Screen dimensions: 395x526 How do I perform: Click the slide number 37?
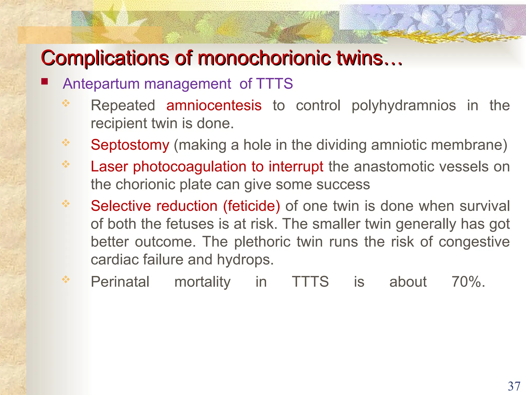514,386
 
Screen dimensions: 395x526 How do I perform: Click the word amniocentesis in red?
214,105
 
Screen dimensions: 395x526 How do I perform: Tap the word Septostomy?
130,145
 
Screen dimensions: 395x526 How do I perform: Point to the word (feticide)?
251,206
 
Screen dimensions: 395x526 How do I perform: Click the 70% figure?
468,282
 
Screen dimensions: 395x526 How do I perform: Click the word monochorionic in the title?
264,58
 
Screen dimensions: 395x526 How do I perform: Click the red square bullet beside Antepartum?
45,82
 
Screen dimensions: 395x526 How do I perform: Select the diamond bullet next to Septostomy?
66,142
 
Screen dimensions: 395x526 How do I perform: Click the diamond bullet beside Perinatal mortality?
66,279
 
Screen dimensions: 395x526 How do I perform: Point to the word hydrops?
245,260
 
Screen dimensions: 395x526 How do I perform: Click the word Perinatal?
120,282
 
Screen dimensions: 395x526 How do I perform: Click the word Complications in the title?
105,58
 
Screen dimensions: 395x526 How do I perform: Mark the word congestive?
474,242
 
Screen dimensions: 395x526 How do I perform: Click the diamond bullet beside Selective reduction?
66,204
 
